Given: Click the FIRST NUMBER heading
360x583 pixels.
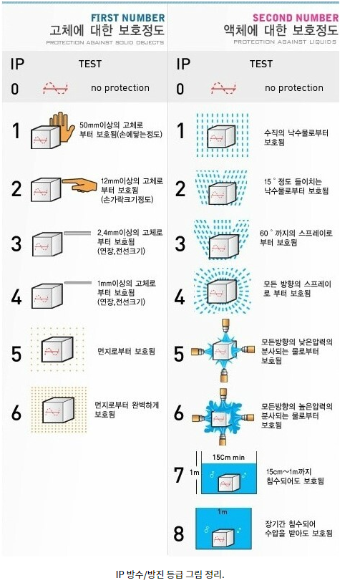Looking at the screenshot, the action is pyautogui.click(x=128, y=18).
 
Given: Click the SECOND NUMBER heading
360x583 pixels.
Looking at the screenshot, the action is pyautogui.click(x=296, y=17).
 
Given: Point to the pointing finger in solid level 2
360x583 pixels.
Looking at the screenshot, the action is pyautogui.click(x=80, y=184).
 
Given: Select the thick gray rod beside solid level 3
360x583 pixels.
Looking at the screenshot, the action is pyautogui.click(x=77, y=233).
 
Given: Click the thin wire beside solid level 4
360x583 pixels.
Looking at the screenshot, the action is pyautogui.click(x=78, y=283).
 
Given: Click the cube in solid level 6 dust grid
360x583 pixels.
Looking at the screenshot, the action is pyautogui.click(x=58, y=410).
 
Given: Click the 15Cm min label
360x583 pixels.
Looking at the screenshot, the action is pyautogui.click(x=228, y=458).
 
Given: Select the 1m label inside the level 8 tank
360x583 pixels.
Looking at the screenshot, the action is pyautogui.click(x=223, y=512).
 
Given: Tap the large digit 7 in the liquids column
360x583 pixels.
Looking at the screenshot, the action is pyautogui.click(x=179, y=475).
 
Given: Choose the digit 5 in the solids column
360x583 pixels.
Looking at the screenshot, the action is pyautogui.click(x=16, y=354).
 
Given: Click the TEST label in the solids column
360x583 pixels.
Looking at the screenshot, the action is pyautogui.click(x=90, y=64).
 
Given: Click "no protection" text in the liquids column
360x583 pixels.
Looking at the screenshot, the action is pyautogui.click(x=294, y=88).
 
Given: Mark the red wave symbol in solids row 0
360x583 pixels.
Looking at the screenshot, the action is pyautogui.click(x=55, y=88).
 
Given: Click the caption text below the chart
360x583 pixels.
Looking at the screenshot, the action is pyautogui.click(x=170, y=574).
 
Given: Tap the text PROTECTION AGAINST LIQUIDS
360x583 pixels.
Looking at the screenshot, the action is pyautogui.click(x=285, y=42).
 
